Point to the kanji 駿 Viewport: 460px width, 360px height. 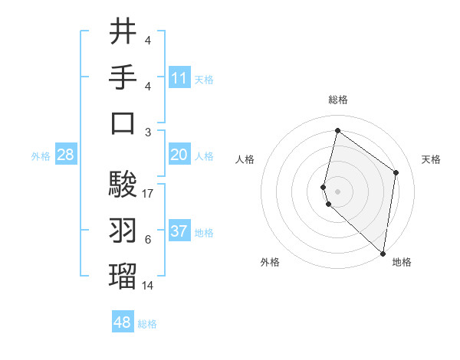[x=123, y=184]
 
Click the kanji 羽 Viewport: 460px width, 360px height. [x=123, y=230]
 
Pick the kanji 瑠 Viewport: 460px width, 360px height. [x=123, y=276]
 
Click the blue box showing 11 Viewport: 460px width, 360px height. [x=179, y=77]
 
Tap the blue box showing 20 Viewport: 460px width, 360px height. [x=179, y=155]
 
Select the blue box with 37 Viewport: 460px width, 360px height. [x=179, y=231]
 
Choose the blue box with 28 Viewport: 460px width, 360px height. [x=66, y=155]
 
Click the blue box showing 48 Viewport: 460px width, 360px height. [x=123, y=322]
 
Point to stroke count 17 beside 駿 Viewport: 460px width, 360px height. [x=149, y=194]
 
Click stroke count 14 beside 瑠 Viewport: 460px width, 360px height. [x=149, y=286]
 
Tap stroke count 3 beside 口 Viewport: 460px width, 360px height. [x=148, y=133]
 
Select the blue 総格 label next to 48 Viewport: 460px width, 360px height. [x=147, y=324]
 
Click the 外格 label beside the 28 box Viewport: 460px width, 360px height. [x=41, y=156]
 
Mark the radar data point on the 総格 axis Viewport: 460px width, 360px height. [x=337, y=131]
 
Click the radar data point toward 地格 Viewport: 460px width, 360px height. [x=383, y=254]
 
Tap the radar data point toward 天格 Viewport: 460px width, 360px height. [x=396, y=172]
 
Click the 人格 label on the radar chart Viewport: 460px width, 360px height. [x=245, y=159]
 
